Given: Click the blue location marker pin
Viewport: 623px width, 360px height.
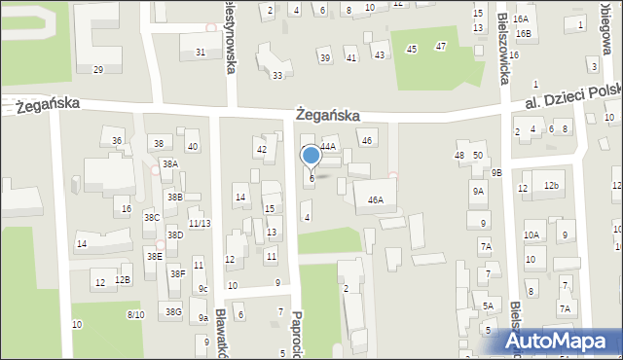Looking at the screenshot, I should (x=311, y=156).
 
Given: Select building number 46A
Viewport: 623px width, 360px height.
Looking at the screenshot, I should (x=375, y=200).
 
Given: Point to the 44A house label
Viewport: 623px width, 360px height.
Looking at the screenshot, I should (x=328, y=147).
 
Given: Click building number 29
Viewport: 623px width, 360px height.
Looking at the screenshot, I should (x=98, y=70).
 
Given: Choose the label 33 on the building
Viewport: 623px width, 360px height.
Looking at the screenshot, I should (x=277, y=76).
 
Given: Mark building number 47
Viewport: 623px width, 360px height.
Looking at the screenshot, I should (x=441, y=47).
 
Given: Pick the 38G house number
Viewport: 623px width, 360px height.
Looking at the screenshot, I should (x=173, y=312).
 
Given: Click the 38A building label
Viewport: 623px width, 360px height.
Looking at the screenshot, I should (x=170, y=164).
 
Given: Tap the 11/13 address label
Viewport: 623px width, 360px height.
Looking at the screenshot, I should (x=200, y=224).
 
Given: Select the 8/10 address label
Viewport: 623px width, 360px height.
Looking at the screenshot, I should (x=136, y=315).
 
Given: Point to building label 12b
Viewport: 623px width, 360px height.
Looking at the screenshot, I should (x=552, y=186).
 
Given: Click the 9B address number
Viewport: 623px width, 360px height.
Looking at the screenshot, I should (x=496, y=173).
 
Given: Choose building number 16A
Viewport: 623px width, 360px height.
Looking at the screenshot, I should (x=521, y=19).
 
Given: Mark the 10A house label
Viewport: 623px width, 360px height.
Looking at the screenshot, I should (x=531, y=235).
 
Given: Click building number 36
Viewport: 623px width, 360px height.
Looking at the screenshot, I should (x=118, y=141).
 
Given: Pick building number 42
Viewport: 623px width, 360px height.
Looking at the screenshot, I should (x=261, y=149).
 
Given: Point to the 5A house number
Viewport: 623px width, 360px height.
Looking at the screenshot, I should (x=488, y=306).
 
